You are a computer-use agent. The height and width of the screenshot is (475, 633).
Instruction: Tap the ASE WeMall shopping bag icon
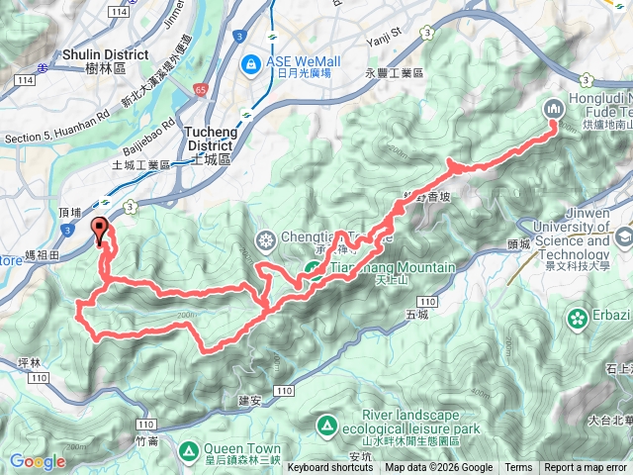click(253, 66)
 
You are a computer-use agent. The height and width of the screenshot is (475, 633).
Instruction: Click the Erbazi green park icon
click(577, 318)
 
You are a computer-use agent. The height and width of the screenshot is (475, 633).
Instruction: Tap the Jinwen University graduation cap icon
click(624, 237)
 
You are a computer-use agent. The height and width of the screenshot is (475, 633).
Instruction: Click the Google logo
click(38, 461)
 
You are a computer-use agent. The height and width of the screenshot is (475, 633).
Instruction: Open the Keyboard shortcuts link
click(330, 468)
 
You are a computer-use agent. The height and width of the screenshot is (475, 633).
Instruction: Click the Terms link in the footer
click(518, 468)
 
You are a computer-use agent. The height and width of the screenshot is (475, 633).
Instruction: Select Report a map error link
click(587, 468)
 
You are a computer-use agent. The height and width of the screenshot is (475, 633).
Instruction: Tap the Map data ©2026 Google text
click(439, 468)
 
